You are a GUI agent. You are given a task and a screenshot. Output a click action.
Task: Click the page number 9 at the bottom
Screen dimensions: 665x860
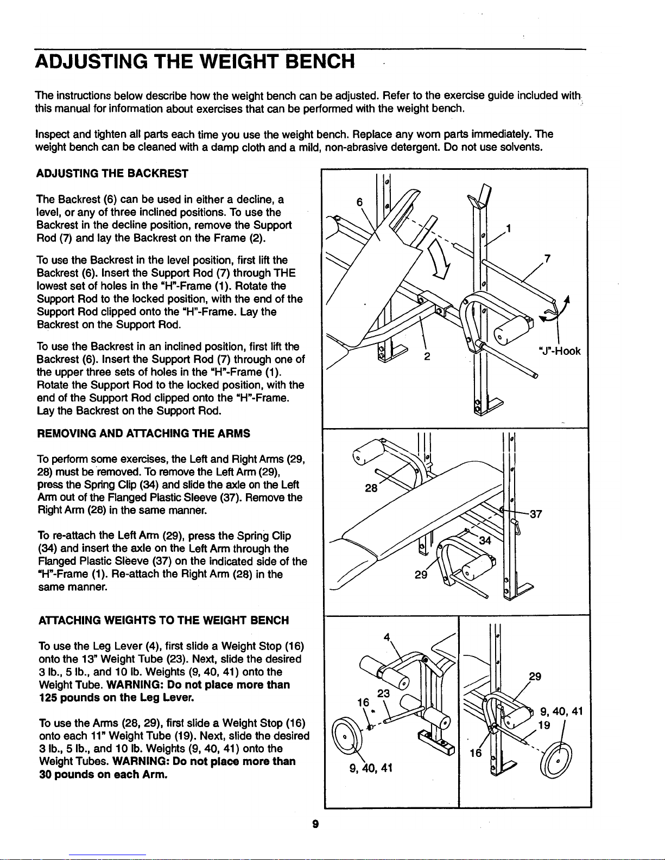click(x=315, y=824)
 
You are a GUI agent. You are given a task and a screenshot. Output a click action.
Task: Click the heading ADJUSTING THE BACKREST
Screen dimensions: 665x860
click(x=112, y=174)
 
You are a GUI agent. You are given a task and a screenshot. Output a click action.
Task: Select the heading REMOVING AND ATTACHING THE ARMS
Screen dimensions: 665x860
click(x=144, y=434)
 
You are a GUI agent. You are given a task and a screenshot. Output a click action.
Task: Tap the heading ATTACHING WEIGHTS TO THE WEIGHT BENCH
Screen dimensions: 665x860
click(x=164, y=621)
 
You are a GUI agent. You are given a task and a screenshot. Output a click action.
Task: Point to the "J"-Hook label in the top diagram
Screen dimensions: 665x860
click(x=560, y=351)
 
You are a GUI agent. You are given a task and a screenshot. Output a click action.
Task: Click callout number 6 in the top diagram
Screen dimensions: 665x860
click(x=359, y=202)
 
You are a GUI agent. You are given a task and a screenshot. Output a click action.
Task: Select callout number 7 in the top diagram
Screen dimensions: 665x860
click(x=547, y=259)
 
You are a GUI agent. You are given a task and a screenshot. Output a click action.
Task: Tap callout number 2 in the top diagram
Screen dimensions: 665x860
click(x=427, y=356)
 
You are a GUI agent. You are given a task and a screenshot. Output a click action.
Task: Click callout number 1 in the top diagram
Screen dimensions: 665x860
click(x=509, y=229)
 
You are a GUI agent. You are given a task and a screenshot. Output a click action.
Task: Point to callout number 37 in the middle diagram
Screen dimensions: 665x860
click(x=536, y=514)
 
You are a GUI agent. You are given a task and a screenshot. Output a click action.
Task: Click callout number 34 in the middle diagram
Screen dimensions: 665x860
click(x=485, y=540)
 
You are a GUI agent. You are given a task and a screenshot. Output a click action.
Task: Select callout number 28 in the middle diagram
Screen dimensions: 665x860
click(x=371, y=488)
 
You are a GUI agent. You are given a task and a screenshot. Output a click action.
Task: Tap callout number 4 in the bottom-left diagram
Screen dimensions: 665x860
click(x=387, y=637)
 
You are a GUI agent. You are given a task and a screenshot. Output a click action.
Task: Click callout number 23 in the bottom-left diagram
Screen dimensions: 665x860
click(x=383, y=693)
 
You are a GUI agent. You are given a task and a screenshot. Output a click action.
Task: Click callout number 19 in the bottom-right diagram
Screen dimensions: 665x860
click(x=544, y=725)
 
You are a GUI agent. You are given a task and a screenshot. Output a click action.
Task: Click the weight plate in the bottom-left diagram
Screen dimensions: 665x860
click(x=347, y=738)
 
